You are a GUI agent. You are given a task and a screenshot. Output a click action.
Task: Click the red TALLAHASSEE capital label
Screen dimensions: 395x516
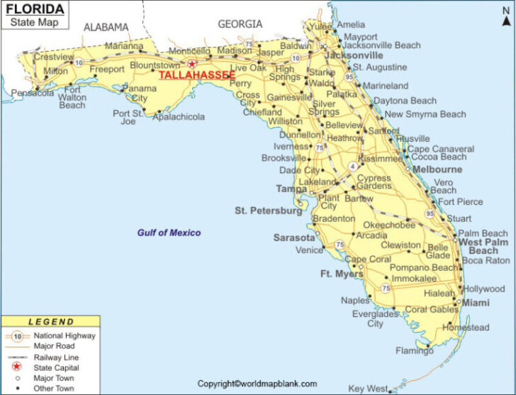point(197,75)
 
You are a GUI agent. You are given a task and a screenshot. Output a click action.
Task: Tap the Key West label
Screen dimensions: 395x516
point(367,389)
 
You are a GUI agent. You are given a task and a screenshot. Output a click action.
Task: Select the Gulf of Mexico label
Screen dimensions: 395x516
point(169,233)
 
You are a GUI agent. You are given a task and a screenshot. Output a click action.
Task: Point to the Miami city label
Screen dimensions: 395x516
point(476,303)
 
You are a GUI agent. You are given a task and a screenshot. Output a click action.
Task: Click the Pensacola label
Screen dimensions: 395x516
point(33,93)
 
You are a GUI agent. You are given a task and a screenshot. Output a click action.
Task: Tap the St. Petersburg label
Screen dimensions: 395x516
point(269,211)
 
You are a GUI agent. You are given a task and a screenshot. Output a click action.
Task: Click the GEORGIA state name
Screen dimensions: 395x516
point(240,24)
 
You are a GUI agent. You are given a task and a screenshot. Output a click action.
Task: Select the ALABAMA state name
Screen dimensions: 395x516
point(106,28)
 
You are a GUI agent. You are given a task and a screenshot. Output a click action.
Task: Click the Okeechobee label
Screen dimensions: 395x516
point(389,225)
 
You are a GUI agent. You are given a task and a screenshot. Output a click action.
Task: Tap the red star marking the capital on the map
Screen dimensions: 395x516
point(191,63)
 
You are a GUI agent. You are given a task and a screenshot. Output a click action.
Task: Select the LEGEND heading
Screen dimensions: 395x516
point(50,322)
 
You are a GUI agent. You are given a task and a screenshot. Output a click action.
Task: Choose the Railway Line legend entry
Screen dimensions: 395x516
point(56,357)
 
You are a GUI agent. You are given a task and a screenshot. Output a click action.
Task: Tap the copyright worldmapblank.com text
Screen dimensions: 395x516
point(257,384)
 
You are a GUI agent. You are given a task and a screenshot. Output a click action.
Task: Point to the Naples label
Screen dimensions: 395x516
point(354,300)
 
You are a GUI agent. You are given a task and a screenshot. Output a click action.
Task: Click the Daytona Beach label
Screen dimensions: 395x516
point(405,101)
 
